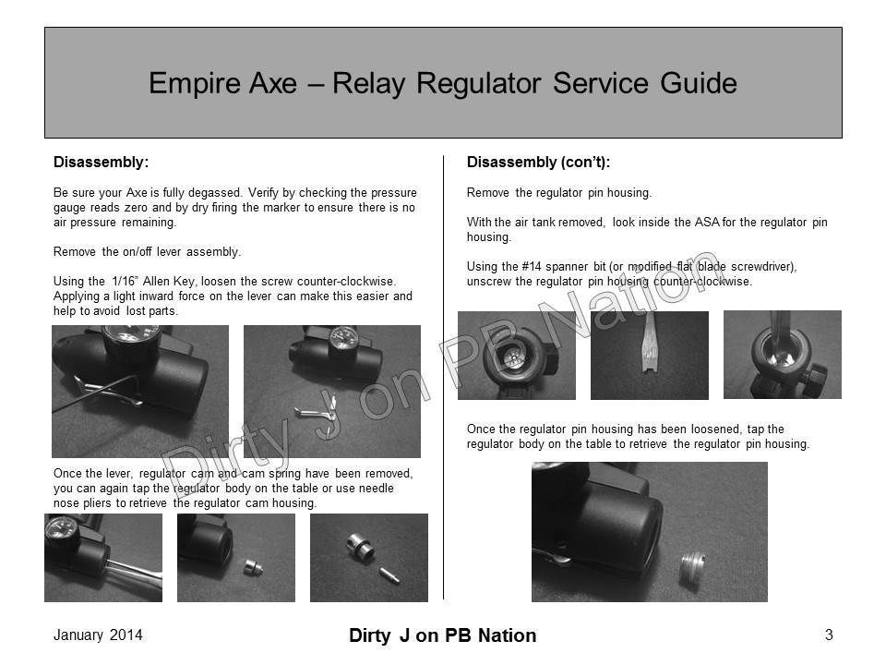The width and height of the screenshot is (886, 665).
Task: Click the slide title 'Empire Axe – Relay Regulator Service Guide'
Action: click(x=442, y=83)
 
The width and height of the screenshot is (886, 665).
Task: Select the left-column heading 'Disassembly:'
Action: click(x=101, y=163)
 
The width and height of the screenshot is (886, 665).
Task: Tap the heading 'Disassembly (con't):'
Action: click(x=539, y=163)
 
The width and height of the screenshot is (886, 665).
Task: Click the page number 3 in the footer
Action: click(x=829, y=635)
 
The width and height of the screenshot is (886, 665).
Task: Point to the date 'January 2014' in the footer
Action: click(x=98, y=635)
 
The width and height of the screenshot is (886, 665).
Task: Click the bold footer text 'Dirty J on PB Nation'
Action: click(x=443, y=635)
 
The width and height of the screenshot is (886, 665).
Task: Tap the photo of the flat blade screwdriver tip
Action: click(x=649, y=355)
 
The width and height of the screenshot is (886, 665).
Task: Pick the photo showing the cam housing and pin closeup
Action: click(x=368, y=557)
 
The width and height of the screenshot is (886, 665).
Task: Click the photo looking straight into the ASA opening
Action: click(x=516, y=355)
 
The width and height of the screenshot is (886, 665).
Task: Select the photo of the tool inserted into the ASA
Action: click(x=782, y=355)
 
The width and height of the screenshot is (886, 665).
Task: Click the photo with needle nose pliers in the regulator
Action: click(x=102, y=557)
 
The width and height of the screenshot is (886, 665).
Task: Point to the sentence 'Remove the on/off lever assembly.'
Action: click(x=148, y=251)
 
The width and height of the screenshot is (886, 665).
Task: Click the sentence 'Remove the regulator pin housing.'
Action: click(x=559, y=193)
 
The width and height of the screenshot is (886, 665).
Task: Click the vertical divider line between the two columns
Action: click(x=444, y=369)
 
